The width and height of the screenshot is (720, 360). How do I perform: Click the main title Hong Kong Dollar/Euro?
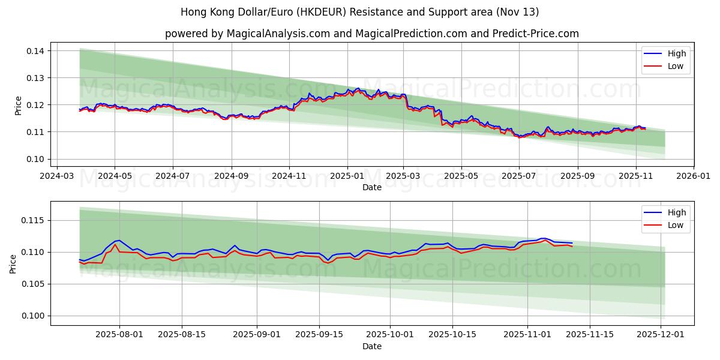(x=360, y=12)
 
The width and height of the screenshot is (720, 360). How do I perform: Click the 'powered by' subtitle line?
(x=372, y=34)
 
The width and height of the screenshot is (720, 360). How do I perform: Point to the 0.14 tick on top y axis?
(x=35, y=51)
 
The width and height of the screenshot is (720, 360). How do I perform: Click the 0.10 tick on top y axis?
(x=35, y=159)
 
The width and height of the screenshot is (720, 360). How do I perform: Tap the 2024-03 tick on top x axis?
(x=58, y=177)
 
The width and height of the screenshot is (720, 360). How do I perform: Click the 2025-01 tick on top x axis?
(x=347, y=177)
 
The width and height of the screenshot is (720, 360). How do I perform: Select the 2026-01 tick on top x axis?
(x=694, y=177)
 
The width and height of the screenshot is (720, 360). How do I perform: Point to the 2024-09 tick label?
(x=231, y=177)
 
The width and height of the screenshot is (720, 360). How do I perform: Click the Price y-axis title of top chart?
(x=18, y=105)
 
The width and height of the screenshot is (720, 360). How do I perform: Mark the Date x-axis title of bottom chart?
(x=372, y=347)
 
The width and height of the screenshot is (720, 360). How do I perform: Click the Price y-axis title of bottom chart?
(x=13, y=263)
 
